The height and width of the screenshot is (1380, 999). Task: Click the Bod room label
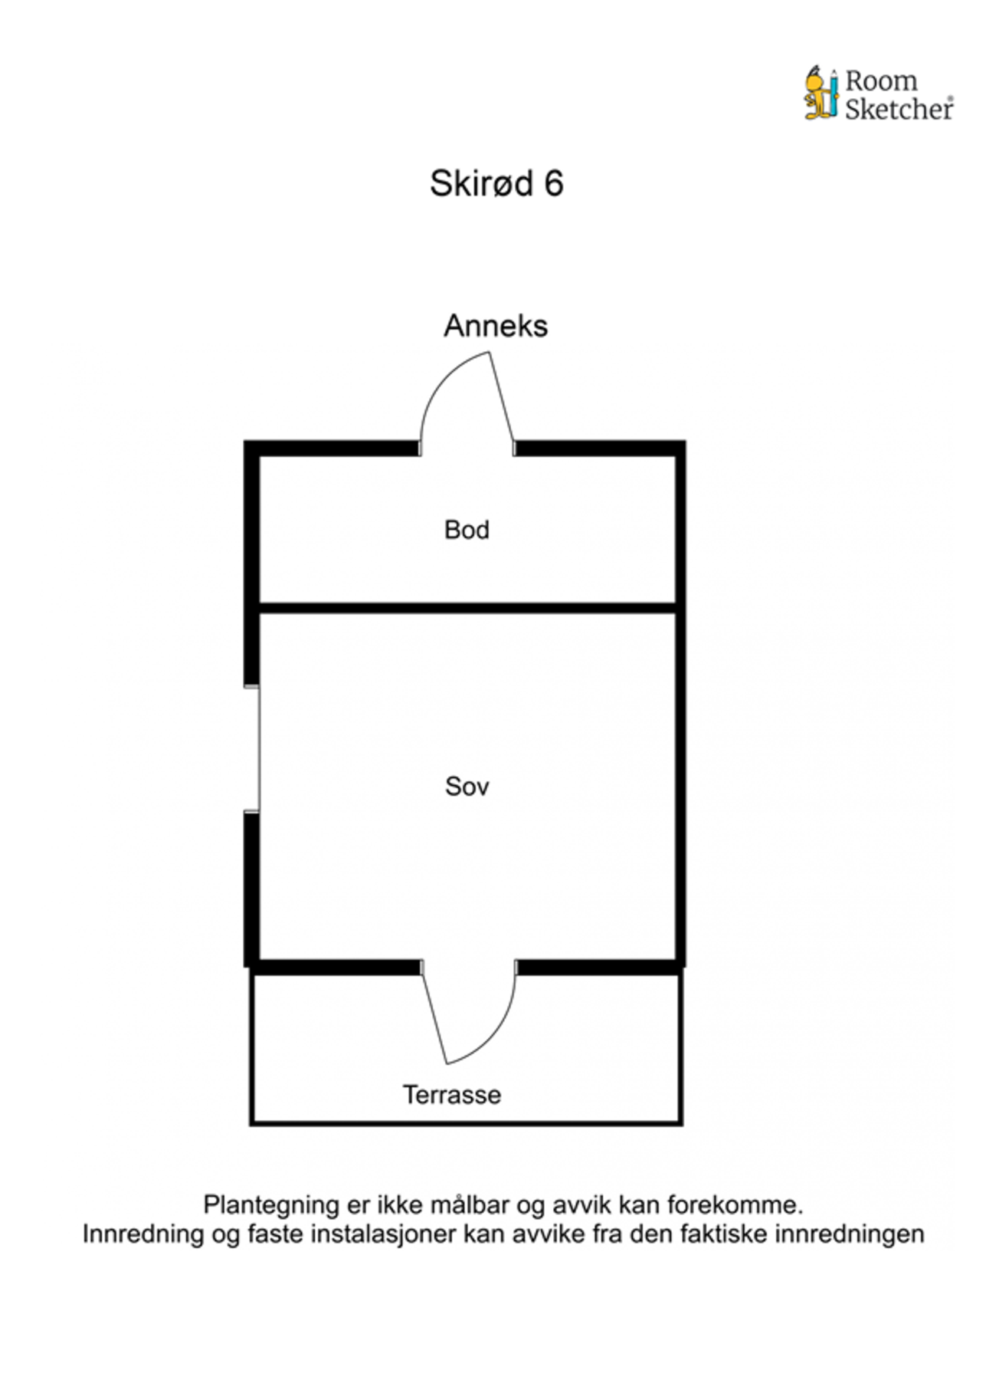click(467, 530)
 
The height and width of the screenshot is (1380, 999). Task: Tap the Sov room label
click(467, 787)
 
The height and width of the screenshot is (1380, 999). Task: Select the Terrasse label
click(452, 1095)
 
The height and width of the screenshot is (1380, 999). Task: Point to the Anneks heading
click(496, 327)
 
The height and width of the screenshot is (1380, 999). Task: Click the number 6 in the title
click(554, 184)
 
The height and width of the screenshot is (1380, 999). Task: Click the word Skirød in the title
click(481, 184)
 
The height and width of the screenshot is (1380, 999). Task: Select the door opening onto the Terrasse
click(469, 1012)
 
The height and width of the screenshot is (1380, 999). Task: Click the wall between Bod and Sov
click(467, 608)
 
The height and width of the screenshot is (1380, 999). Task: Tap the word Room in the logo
click(881, 80)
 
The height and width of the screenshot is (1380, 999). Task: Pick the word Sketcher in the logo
click(899, 109)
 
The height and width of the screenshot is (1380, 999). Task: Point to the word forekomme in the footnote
click(735, 1205)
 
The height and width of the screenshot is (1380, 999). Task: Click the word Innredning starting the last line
click(145, 1234)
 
